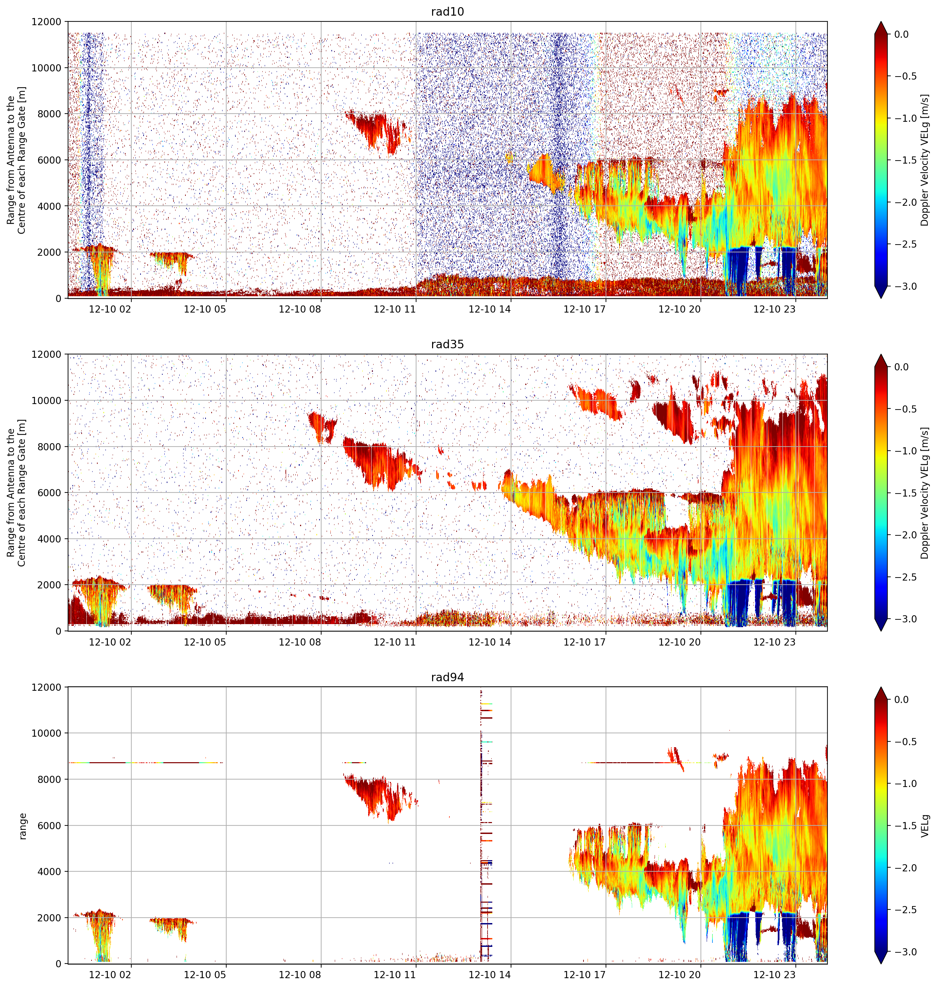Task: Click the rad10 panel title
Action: pos(447,12)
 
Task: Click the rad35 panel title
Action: pos(447,345)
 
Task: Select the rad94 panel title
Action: pos(447,677)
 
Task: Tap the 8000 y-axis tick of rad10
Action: pos(50,114)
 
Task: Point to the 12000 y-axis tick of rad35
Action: pos(47,354)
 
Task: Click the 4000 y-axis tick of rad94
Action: pos(50,872)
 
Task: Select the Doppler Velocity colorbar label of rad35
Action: pos(925,493)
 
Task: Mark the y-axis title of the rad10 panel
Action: pos(16,160)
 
